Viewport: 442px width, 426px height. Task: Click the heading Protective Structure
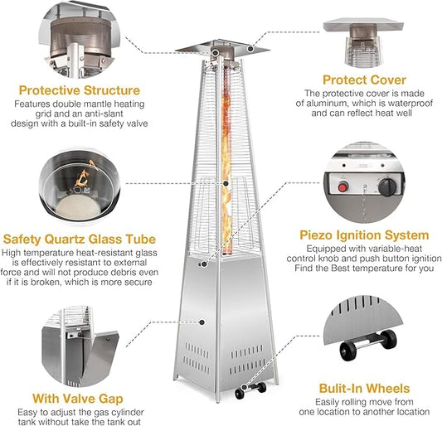[80, 90]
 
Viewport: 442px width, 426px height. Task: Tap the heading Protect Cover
[364, 80]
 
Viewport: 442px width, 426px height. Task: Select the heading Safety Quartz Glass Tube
[80, 240]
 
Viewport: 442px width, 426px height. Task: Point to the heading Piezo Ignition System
[364, 235]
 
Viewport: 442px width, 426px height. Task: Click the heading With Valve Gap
[77, 399]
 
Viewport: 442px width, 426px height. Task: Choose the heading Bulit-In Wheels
[364, 388]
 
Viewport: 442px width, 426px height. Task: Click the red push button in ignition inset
[342, 187]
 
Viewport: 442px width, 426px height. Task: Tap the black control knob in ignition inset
[387, 186]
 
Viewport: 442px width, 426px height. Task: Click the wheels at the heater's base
[250, 390]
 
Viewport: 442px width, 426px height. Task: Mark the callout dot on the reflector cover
[250, 49]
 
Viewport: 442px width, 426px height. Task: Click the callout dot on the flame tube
[226, 184]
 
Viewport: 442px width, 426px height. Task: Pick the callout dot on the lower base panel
[202, 322]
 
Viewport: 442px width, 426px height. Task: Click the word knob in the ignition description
[347, 259]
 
